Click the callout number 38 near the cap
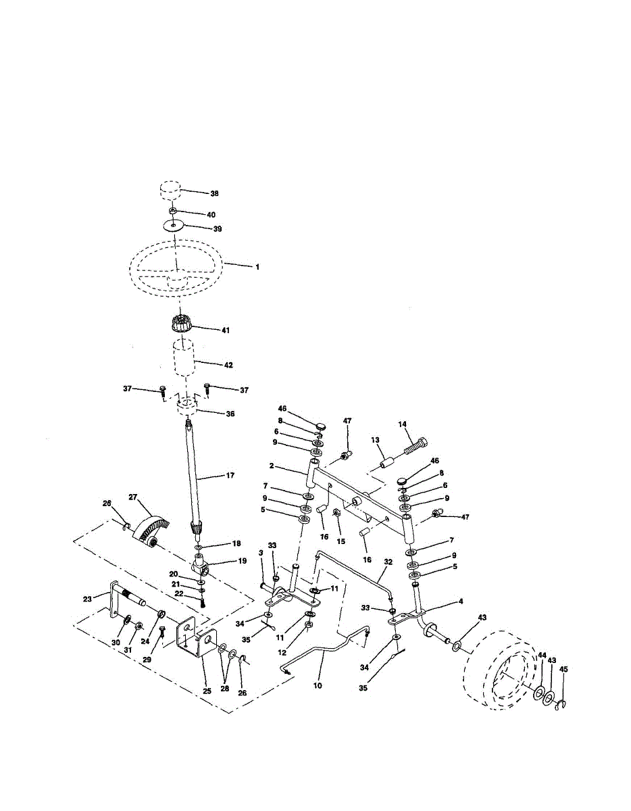(214, 193)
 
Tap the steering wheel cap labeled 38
(170, 191)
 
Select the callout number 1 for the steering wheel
(257, 267)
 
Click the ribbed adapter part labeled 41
(182, 322)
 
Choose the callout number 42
(228, 365)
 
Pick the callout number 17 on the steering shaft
(230, 476)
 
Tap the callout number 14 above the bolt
(402, 424)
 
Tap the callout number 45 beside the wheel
(564, 669)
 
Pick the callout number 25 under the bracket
(207, 691)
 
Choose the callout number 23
(87, 599)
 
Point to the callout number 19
(242, 560)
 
